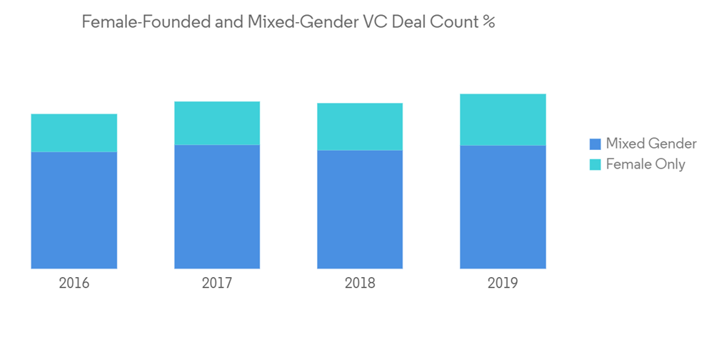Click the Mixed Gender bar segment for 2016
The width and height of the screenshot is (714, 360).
click(x=74, y=210)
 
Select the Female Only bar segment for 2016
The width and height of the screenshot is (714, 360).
click(x=74, y=133)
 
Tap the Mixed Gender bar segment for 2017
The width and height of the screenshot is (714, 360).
click(x=217, y=206)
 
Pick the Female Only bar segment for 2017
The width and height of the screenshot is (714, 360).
click(x=217, y=123)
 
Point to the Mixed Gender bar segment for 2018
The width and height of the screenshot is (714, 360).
click(x=360, y=209)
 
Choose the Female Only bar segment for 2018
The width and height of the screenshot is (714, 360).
click(x=360, y=126)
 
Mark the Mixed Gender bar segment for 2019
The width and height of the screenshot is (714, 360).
click(x=503, y=206)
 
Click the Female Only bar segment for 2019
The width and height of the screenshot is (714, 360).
click(x=503, y=119)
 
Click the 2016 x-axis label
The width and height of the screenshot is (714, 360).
click(x=74, y=283)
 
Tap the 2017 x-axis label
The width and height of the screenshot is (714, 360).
click(x=217, y=283)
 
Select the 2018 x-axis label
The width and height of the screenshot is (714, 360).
click(x=360, y=283)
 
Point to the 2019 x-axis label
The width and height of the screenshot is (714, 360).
click(x=503, y=283)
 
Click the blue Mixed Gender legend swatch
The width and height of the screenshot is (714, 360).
click(x=595, y=144)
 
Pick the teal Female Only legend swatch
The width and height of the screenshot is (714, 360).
click(x=595, y=164)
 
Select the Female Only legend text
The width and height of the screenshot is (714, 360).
click(x=645, y=164)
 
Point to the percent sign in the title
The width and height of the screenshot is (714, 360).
click(x=488, y=21)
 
